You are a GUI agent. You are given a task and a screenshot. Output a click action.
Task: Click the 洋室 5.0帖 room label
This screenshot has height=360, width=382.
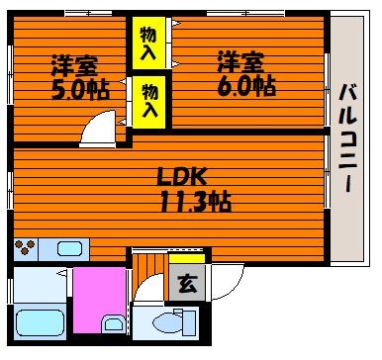click(x=80, y=77)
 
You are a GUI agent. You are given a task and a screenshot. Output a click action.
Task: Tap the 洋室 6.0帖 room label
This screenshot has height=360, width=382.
click(x=246, y=73)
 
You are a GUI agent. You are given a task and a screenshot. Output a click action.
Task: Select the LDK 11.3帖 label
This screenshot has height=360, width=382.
click(x=195, y=189)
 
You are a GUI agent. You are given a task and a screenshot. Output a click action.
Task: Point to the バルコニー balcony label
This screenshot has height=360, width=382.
click(x=347, y=138)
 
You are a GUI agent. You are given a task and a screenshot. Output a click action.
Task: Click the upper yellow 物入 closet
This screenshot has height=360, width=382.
click(x=148, y=43)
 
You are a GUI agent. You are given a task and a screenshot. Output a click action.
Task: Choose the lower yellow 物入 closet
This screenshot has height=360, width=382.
click(x=148, y=102)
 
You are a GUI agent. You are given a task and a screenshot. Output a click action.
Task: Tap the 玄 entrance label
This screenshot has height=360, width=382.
click(x=187, y=283)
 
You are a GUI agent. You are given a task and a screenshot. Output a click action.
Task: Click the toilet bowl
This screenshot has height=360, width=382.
click(x=166, y=322)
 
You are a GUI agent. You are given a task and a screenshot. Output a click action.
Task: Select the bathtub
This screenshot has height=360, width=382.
click(x=40, y=322)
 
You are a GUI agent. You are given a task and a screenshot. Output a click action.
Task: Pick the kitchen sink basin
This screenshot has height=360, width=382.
click(x=69, y=248)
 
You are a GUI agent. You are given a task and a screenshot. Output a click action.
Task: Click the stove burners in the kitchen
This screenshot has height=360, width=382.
click(x=26, y=247)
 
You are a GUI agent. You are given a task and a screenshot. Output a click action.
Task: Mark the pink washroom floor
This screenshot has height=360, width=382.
click(x=99, y=300)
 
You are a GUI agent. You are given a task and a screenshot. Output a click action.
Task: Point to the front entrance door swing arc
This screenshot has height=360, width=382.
click(x=236, y=289)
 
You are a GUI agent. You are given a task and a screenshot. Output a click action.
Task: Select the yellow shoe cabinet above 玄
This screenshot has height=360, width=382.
click(x=187, y=259)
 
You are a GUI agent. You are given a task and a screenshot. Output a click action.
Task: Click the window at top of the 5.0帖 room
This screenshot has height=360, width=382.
click(x=88, y=13)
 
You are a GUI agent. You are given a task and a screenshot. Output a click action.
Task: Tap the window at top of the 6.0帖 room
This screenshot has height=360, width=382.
click(x=245, y=13)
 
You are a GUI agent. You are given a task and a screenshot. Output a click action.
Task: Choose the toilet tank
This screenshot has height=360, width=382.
click(x=189, y=322)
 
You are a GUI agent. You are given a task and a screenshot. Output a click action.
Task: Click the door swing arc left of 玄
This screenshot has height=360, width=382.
click(x=143, y=282)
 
